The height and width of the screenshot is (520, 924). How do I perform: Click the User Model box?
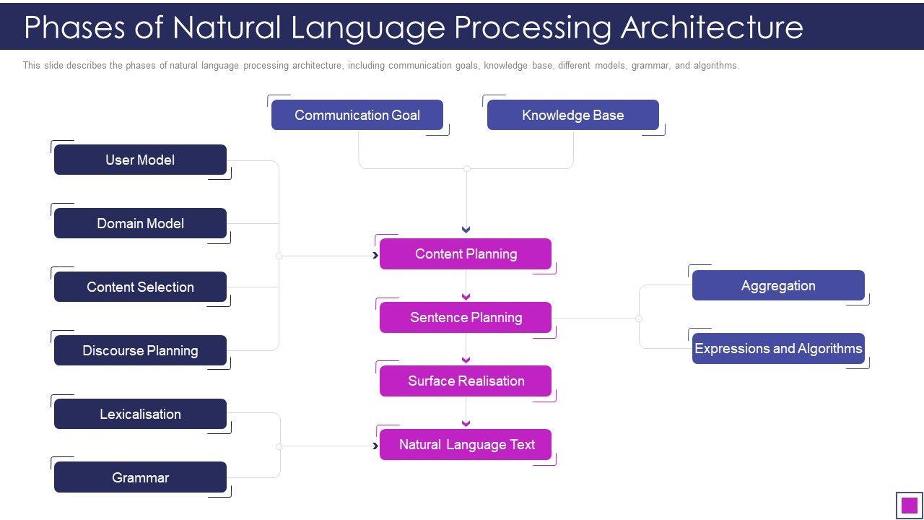[x=140, y=160]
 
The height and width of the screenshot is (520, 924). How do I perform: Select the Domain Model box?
[x=140, y=223]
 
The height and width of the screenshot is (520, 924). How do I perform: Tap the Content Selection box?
[x=140, y=287]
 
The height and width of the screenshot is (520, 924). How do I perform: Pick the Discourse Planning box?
[x=140, y=350]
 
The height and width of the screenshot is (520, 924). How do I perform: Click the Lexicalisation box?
[x=140, y=414]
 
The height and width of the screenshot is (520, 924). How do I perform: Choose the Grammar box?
[x=140, y=477]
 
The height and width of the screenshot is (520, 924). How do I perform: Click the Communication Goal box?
[x=357, y=115]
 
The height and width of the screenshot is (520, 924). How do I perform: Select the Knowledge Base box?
[x=573, y=115]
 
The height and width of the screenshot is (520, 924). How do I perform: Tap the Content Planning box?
[x=466, y=253]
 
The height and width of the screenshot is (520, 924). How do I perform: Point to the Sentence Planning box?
[x=466, y=317]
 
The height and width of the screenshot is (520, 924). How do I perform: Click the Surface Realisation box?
[x=466, y=381]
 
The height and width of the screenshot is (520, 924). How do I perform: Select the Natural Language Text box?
[x=466, y=444]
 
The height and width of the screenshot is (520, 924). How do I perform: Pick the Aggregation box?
[x=778, y=285]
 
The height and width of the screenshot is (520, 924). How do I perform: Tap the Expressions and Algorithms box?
[x=778, y=348]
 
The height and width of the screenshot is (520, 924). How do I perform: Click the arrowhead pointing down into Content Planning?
[x=466, y=230]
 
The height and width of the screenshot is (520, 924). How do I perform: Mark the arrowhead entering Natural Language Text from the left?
[x=375, y=446]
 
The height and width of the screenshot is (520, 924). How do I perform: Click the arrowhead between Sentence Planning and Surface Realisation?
[x=466, y=360]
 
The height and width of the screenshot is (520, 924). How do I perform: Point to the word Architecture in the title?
[x=712, y=27]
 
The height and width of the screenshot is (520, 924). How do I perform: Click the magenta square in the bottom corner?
[x=910, y=505]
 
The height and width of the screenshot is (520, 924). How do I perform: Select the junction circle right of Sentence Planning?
[x=639, y=318]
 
